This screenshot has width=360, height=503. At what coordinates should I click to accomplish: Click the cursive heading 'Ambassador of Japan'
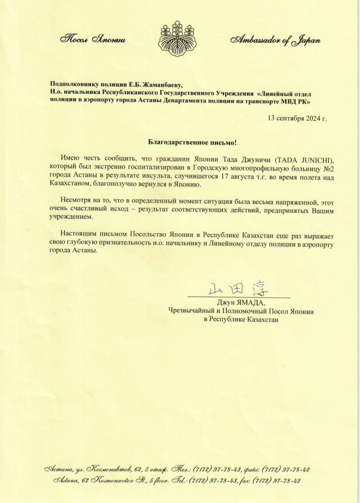pyautogui.click(x=275, y=41)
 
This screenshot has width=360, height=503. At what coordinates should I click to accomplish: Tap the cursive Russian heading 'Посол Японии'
pyautogui.click(x=93, y=40)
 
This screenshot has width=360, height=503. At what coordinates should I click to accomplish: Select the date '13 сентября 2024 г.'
pyautogui.click(x=298, y=118)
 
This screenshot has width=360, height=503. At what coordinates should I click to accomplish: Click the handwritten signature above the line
pyautogui.click(x=238, y=287)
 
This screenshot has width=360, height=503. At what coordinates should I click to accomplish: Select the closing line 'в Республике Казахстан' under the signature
pyautogui.click(x=241, y=320)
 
